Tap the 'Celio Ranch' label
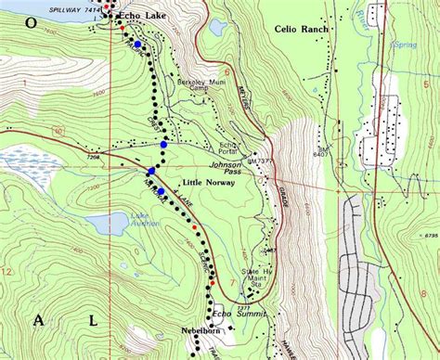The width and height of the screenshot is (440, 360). tap(303, 29)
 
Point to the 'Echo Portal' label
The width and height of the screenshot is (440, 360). tap(229, 148)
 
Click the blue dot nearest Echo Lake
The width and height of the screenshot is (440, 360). tap(137, 44)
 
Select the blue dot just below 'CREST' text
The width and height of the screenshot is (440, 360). tap(163, 145)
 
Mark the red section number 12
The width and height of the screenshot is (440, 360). tap(7, 271)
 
